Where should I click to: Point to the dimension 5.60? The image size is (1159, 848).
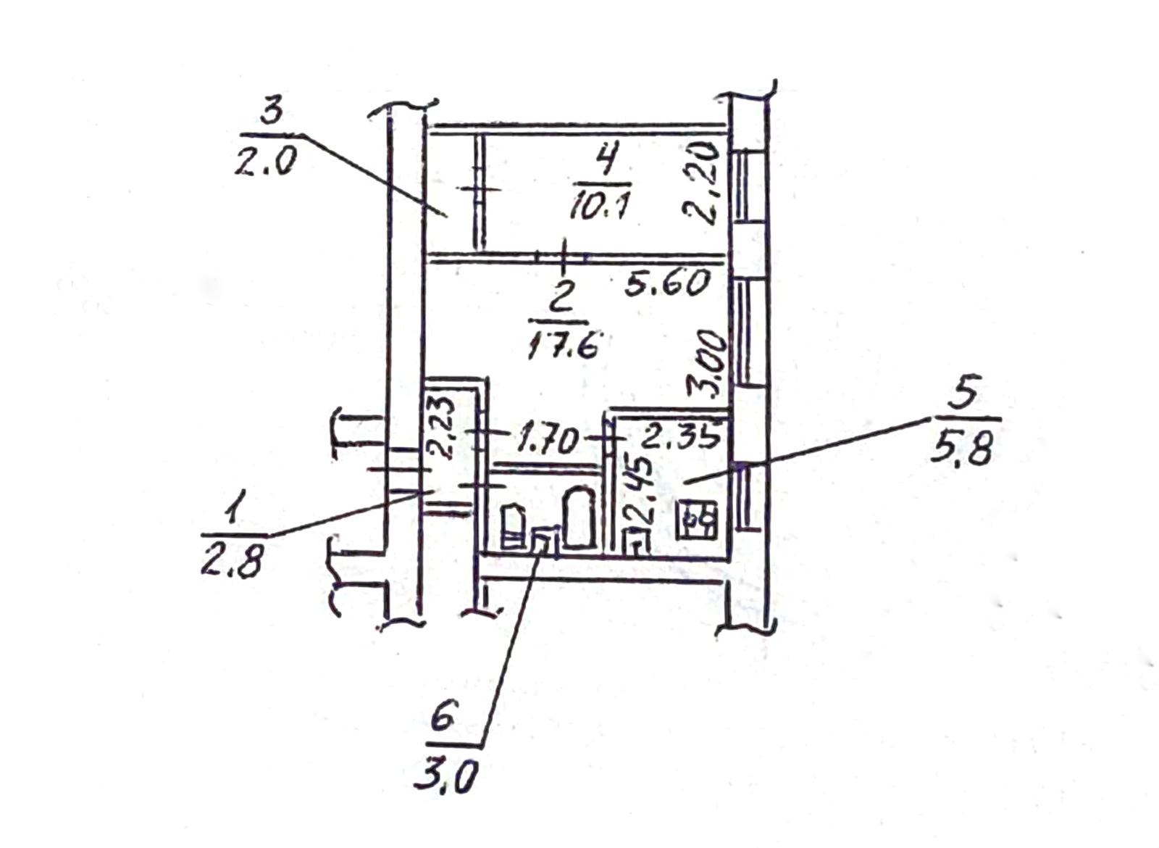(x=667, y=283)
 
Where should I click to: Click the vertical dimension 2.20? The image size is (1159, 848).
(x=702, y=181)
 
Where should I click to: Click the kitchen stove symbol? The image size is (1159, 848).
(x=697, y=519)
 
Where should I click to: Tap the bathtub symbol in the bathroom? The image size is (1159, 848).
(x=579, y=517)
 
